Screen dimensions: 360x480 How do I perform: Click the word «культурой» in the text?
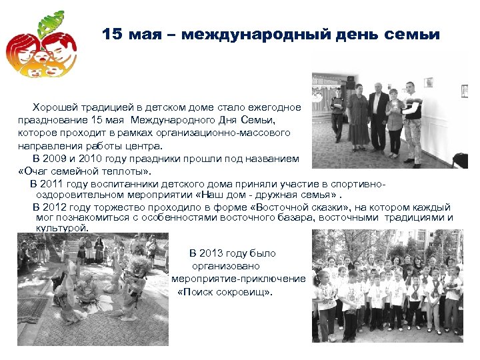(x=62, y=228)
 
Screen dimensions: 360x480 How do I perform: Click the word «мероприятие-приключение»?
(x=238, y=279)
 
